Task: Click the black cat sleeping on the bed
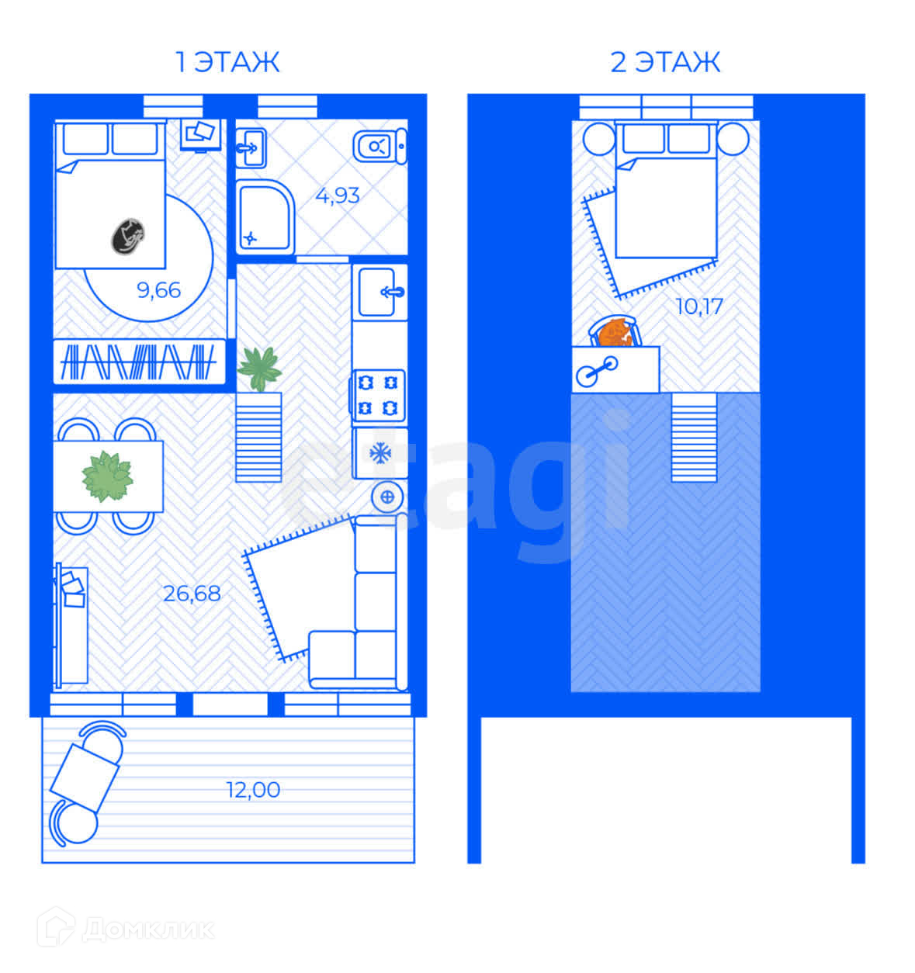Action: pyautogui.click(x=128, y=237)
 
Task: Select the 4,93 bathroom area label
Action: pyautogui.click(x=337, y=196)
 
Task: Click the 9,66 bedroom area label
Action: pyautogui.click(x=159, y=290)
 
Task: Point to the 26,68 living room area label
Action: pyautogui.click(x=192, y=594)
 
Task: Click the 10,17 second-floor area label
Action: pyautogui.click(x=699, y=306)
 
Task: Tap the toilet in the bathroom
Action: pyautogui.click(x=380, y=146)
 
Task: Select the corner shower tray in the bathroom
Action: pyautogui.click(x=265, y=217)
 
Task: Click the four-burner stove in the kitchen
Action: pyautogui.click(x=378, y=396)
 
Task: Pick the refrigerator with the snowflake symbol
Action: pyautogui.click(x=380, y=453)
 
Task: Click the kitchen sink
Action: pyautogui.click(x=380, y=292)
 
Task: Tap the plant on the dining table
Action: pyautogui.click(x=107, y=476)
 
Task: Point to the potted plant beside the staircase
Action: pyautogui.click(x=259, y=369)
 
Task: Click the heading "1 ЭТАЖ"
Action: pyautogui.click(x=227, y=63)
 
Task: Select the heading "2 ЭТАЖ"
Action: pyautogui.click(x=665, y=63)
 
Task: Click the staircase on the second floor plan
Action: pyautogui.click(x=694, y=437)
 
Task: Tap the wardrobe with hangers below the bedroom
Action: pyautogui.click(x=139, y=362)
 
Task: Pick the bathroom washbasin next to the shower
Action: pyautogui.click(x=251, y=148)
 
